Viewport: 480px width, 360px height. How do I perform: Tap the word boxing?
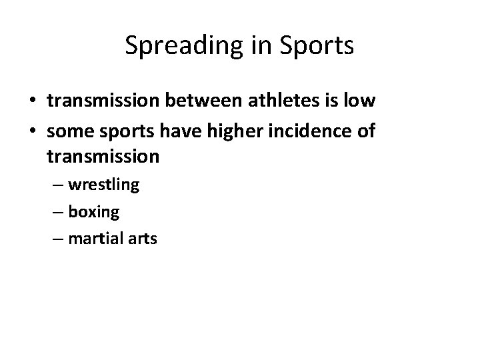click(x=93, y=212)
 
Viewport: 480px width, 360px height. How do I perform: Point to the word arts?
click(x=141, y=238)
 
